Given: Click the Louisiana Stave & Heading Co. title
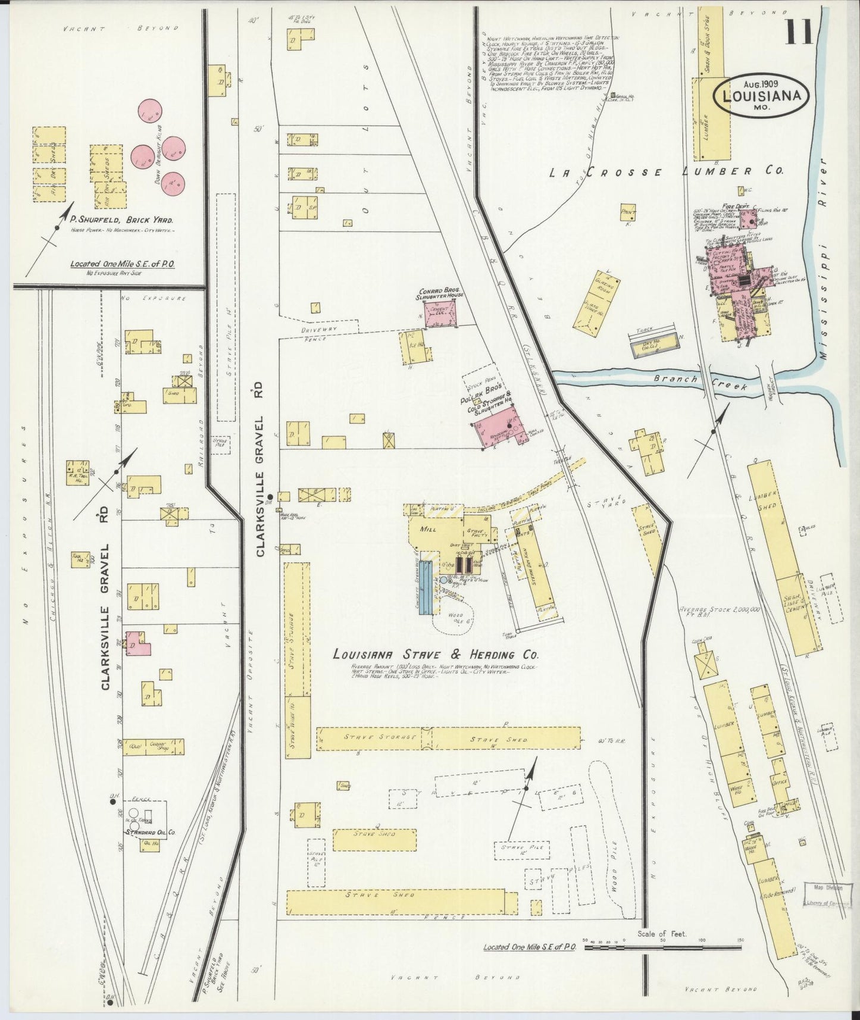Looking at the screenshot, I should (x=436, y=655).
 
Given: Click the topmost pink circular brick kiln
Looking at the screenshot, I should (x=150, y=111).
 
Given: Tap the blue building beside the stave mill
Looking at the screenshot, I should (x=425, y=586).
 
